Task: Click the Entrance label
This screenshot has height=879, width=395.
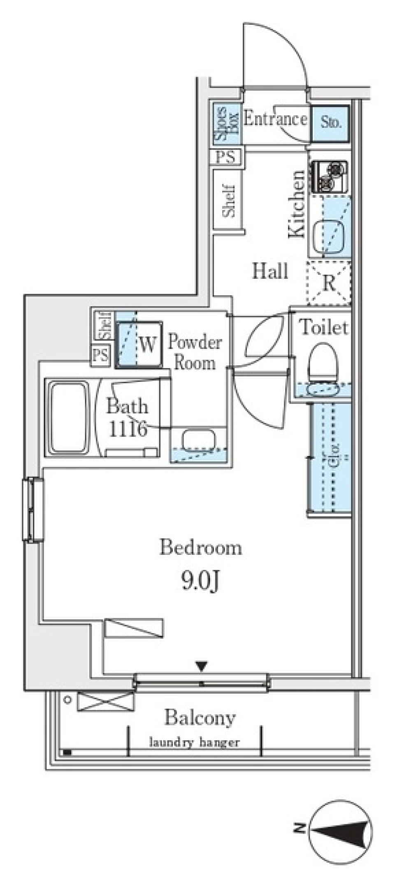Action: (275, 119)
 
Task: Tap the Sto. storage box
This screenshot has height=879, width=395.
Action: (330, 122)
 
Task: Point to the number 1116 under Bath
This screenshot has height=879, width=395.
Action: (128, 429)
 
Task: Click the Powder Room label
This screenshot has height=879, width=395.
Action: (195, 352)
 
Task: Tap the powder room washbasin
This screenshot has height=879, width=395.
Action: (198, 440)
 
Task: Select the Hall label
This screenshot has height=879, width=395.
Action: (270, 271)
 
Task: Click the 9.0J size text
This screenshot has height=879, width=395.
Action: (200, 581)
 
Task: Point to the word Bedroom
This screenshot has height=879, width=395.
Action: (200, 548)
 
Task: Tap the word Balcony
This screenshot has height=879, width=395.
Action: (200, 718)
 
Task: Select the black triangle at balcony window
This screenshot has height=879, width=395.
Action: (201, 665)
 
